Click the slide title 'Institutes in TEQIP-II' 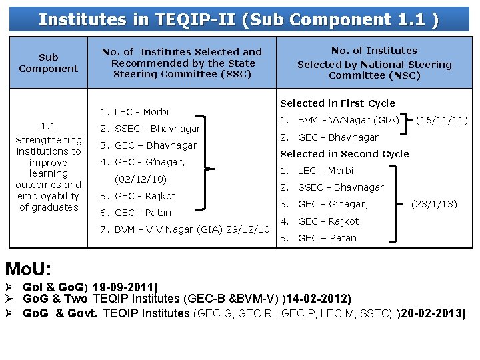click(239, 19)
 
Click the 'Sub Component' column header click(48, 63)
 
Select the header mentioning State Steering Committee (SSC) click(181, 63)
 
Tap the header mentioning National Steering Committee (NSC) click(374, 63)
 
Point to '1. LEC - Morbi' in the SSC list click(134, 112)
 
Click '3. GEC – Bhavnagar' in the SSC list click(148, 145)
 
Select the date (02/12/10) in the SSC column click(141, 179)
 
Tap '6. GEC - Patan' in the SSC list click(135, 213)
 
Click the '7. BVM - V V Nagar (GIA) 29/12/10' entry click(184, 229)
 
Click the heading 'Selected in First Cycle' click(337, 103)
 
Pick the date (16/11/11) click(441, 121)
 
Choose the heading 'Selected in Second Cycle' click(344, 154)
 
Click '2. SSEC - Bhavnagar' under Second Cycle click(332, 187)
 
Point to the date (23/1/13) click(434, 204)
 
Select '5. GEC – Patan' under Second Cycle click(318, 238)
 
